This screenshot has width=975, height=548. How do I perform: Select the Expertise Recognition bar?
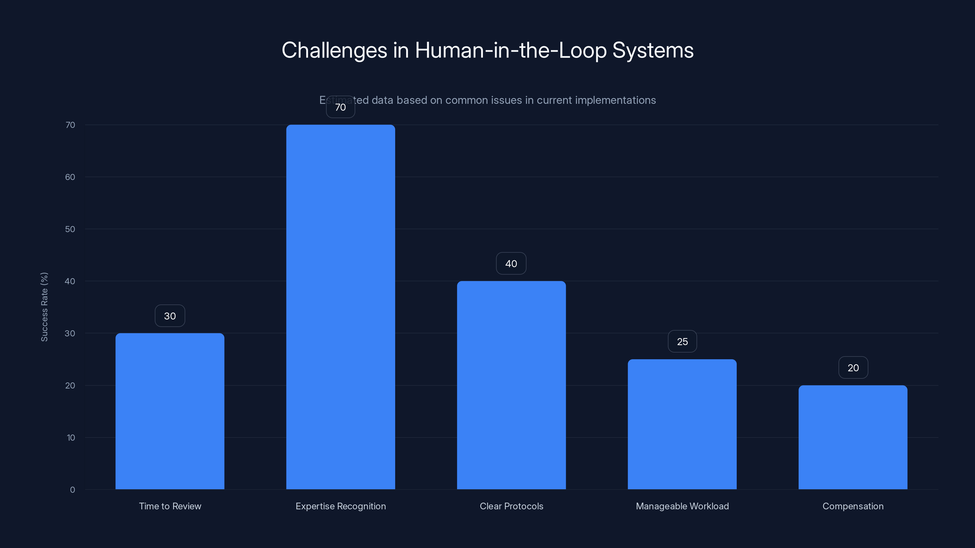point(340,307)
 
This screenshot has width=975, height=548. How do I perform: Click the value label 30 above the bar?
point(170,316)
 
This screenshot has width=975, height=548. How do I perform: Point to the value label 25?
point(682,342)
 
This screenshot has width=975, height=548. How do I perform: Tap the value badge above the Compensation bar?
point(853,367)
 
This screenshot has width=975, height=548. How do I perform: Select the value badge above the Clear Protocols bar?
point(511,264)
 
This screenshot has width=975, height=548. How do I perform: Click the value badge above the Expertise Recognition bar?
point(340,107)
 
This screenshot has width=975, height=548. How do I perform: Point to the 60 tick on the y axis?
point(70,177)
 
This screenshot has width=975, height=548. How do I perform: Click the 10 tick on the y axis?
point(71,437)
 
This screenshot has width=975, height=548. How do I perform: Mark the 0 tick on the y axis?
point(72,490)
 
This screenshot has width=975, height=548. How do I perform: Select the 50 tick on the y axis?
point(70,229)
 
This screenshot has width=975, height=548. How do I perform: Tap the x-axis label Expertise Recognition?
point(340,506)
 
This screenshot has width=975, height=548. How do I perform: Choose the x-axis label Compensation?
point(853,506)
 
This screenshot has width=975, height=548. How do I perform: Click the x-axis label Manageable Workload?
point(682,506)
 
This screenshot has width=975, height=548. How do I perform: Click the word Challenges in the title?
point(334,50)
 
